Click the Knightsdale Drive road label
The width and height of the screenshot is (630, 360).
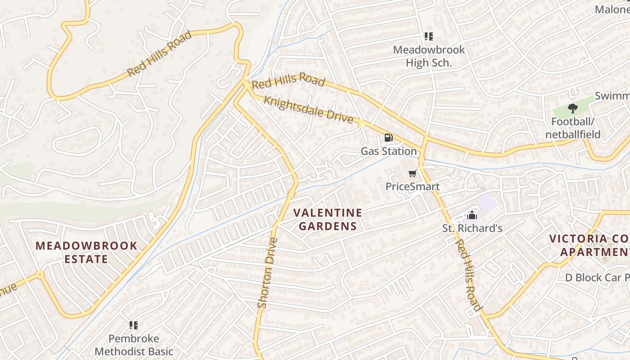(308, 109)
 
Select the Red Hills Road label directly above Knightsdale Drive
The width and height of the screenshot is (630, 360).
(288, 80)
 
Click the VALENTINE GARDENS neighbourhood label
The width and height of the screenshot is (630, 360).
(328, 219)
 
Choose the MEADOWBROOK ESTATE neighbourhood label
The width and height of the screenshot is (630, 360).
(86, 252)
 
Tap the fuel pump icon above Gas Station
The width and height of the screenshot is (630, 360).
(388, 138)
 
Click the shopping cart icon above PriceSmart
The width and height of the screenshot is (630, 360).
(412, 174)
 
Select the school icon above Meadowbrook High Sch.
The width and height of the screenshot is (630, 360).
(429, 36)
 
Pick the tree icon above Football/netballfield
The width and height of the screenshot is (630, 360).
(572, 108)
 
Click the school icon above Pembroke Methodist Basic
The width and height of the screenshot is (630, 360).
(134, 325)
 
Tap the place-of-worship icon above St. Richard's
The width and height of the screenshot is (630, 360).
(472, 215)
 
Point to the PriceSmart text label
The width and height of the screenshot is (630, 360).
(412, 186)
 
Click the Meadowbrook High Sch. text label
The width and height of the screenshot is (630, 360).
(429, 56)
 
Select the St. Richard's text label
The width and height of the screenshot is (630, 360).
(472, 228)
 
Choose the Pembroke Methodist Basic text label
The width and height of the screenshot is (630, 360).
(134, 345)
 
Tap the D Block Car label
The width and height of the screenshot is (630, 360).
(597, 278)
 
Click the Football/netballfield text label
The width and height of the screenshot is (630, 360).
(573, 128)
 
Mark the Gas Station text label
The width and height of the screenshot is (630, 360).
(388, 151)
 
